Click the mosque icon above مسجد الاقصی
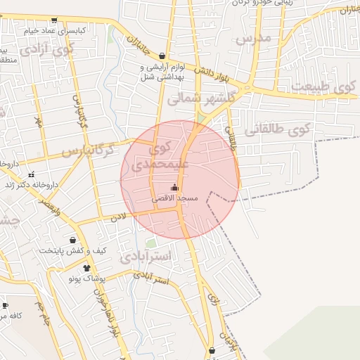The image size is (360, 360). (x=174, y=188)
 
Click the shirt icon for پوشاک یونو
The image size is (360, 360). (x=86, y=268)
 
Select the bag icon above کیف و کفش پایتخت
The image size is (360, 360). (x=73, y=239)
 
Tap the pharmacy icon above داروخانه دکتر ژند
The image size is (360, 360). (x=31, y=174)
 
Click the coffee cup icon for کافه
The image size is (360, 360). (x=5, y=305)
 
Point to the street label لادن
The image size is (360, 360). (x=117, y=218)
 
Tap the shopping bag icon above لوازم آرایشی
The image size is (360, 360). (x=162, y=56)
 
